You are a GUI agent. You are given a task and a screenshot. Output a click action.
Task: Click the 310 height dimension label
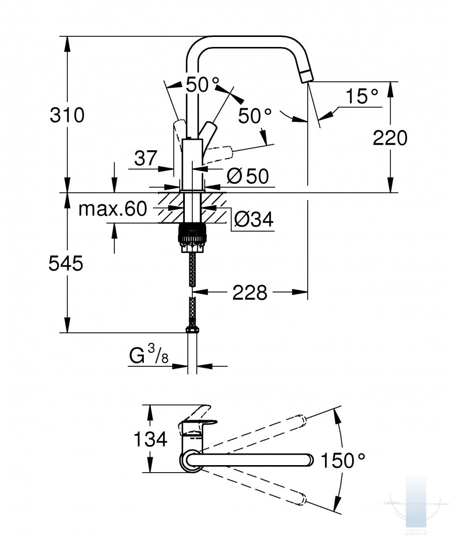point(67,115)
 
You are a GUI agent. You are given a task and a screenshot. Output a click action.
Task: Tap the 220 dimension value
point(390,138)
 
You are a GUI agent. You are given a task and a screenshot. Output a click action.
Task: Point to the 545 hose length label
point(66,264)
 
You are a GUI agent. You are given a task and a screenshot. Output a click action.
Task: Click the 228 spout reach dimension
point(250,293)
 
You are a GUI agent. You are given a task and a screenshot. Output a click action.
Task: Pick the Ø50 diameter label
point(248,176)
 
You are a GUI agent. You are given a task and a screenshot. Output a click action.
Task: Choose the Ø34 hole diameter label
point(254,219)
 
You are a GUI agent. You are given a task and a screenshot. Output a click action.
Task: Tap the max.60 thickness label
point(113,209)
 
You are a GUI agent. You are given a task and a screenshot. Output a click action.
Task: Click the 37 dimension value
point(145,158)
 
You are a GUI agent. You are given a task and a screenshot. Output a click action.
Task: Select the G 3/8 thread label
point(149,355)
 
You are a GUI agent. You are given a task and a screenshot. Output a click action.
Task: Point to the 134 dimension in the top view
point(150,439)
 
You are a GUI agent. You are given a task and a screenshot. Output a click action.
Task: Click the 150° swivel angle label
point(343,460)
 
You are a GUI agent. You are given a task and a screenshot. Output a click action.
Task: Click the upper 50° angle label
point(202,84)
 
